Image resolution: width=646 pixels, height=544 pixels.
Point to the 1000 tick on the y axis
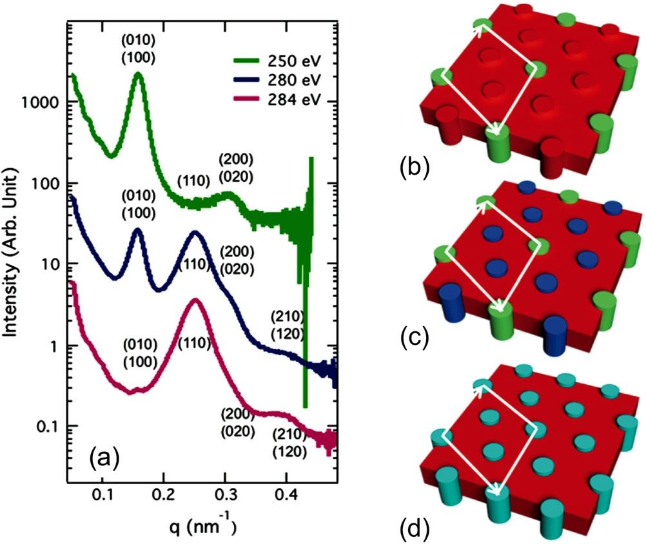(44, 102)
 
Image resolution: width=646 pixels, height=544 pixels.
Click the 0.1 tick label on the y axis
(50, 426)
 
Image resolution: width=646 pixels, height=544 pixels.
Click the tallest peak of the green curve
(138, 75)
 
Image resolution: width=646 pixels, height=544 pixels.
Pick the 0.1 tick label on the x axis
(103, 496)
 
